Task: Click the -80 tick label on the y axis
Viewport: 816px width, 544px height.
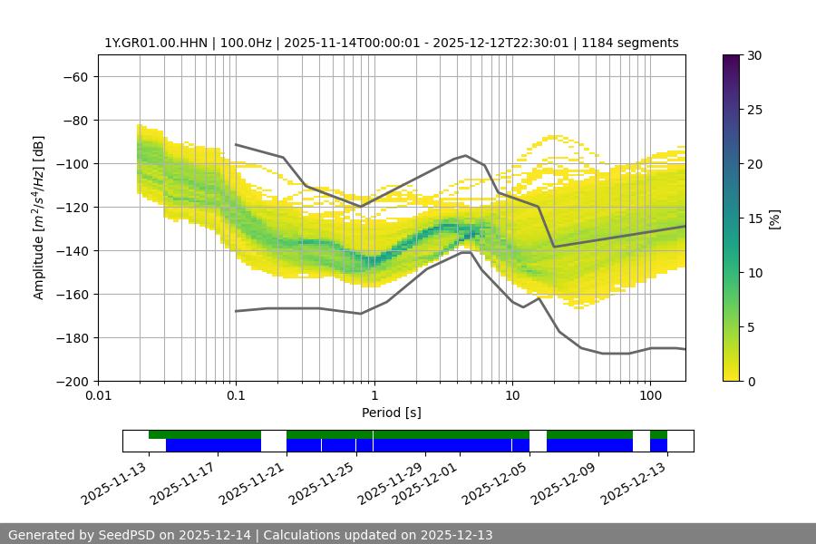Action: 73,120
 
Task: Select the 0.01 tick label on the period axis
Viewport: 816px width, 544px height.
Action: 98,396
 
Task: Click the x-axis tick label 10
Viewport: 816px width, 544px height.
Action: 511,396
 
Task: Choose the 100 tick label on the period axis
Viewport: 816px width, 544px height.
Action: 649,396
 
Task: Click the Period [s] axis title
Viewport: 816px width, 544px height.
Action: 391,413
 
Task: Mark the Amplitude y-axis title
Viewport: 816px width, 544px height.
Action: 39,218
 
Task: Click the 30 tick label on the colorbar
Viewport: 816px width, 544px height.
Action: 753,55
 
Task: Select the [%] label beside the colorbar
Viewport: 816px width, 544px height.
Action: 774,219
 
